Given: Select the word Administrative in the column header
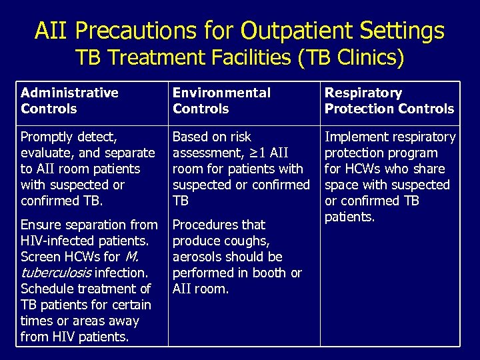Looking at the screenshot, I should pyautogui.click(x=69, y=93).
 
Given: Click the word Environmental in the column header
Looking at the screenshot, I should pyautogui.click(x=221, y=93).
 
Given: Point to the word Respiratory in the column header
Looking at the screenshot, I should pyautogui.click(x=363, y=93).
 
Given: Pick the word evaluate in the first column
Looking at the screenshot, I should pyautogui.click(x=47, y=153).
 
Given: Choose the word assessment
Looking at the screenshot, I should pyautogui.click(x=203, y=153).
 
